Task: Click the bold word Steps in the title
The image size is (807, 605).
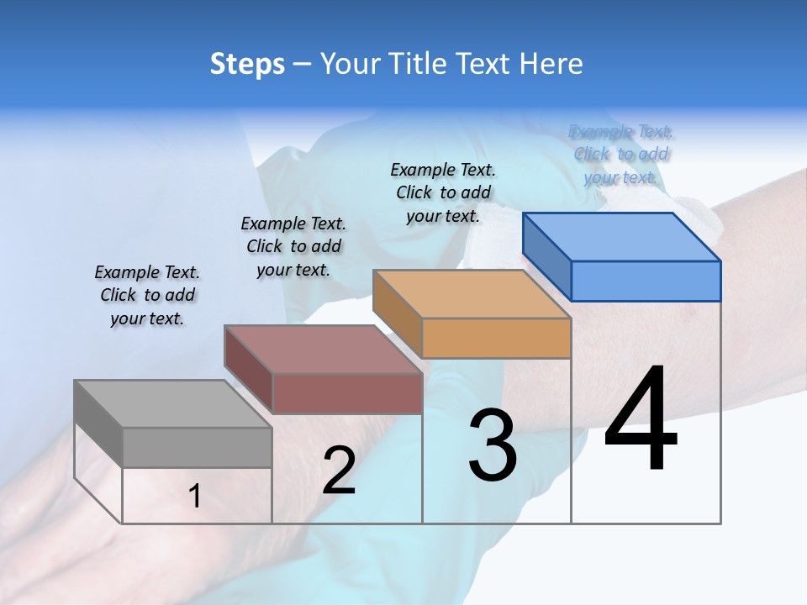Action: pyautogui.click(x=247, y=64)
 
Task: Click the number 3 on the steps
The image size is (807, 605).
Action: pyautogui.click(x=493, y=446)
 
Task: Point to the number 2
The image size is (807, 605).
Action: pyautogui.click(x=339, y=471)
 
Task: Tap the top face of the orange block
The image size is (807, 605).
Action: pyautogui.click(x=472, y=294)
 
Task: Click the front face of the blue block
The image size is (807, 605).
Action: pyautogui.click(x=646, y=281)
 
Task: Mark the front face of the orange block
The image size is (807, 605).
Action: pyautogui.click(x=496, y=338)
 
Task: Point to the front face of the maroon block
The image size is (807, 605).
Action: pyautogui.click(x=347, y=393)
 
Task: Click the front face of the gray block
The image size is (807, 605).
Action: pyautogui.click(x=197, y=447)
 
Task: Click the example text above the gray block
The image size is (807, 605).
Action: pyautogui.click(x=147, y=295)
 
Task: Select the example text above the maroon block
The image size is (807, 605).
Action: pyautogui.click(x=293, y=246)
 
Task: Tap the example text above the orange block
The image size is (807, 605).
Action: pyautogui.click(x=443, y=192)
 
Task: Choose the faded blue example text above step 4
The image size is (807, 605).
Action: pyautogui.click(x=621, y=154)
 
